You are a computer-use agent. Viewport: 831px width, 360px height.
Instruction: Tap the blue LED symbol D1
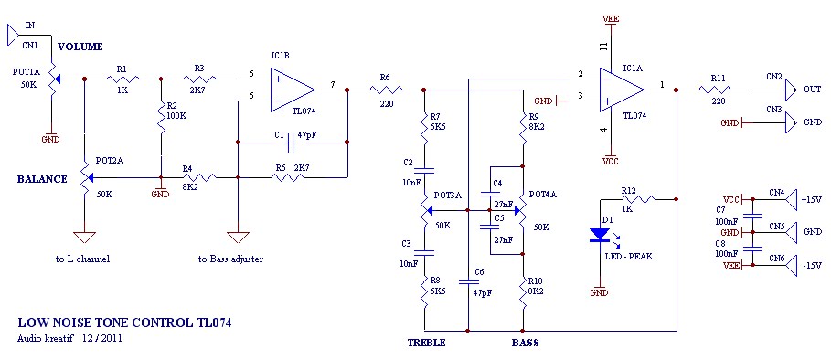pyautogui.click(x=599, y=235)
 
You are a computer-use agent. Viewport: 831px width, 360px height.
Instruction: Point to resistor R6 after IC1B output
pyautogui.click(x=385, y=90)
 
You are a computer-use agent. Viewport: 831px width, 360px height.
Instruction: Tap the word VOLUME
pyautogui.click(x=80, y=47)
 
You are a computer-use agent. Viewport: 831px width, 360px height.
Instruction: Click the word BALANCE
pyautogui.click(x=42, y=179)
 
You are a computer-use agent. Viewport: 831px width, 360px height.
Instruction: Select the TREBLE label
pyautogui.click(x=426, y=344)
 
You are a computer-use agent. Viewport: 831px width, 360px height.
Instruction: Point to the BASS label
pyautogui.click(x=525, y=344)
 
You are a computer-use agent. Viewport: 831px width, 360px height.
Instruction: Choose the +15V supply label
pyautogui.click(x=811, y=198)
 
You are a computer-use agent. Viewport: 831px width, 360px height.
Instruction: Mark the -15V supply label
pyautogui.click(x=811, y=265)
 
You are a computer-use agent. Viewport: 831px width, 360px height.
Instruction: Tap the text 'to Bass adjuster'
pyautogui.click(x=230, y=259)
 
